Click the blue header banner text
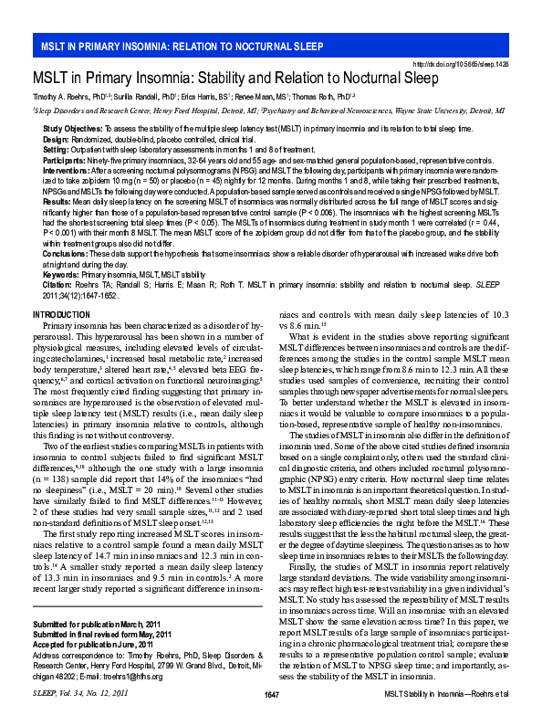coord(179,46)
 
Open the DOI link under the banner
coord(461,65)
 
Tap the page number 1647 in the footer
coord(271,696)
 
